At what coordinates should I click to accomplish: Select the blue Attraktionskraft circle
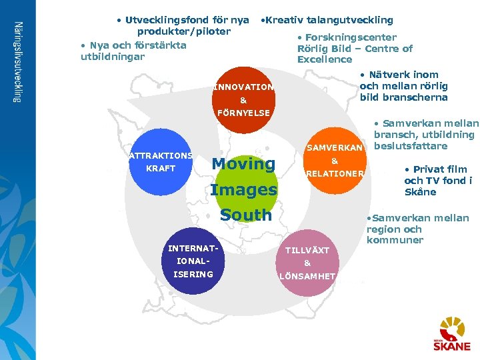pyautogui.click(x=160, y=161)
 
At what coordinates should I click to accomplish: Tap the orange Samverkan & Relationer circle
pyautogui.click(x=335, y=161)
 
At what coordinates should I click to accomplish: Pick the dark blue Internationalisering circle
pyautogui.click(x=191, y=261)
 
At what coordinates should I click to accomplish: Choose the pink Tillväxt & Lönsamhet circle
pyautogui.click(x=307, y=263)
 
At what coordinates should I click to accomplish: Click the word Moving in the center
pyautogui.click(x=243, y=163)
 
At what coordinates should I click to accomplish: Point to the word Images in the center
pyautogui.click(x=243, y=189)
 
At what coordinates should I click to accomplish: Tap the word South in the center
pyautogui.click(x=245, y=215)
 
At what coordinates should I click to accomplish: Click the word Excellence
pyautogui.click(x=325, y=59)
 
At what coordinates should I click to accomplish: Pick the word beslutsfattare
pyautogui.click(x=411, y=146)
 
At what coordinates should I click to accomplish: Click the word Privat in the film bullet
pyautogui.click(x=433, y=169)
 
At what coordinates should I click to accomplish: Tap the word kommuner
pyautogui.click(x=395, y=240)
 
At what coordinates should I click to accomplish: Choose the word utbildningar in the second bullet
pyautogui.click(x=112, y=57)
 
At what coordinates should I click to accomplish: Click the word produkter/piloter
pyautogui.click(x=184, y=31)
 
